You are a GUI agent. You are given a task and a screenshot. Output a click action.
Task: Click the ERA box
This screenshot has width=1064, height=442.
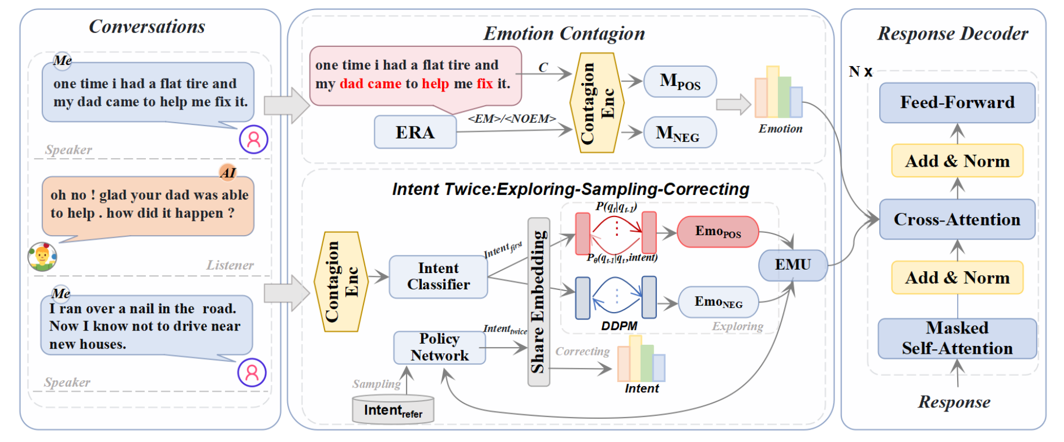point(415,132)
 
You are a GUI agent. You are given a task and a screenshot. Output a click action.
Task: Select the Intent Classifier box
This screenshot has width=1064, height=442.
point(438,276)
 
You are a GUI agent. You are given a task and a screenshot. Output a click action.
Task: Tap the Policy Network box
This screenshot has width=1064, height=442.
point(439,347)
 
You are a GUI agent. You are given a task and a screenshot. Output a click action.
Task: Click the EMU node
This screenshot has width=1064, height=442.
point(793,265)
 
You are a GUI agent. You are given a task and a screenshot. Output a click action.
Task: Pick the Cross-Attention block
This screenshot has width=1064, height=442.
point(957,219)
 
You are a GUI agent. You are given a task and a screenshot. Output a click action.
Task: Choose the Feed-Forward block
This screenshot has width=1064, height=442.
point(957,102)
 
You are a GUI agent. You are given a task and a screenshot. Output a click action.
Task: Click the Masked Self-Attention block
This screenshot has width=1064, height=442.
point(957,339)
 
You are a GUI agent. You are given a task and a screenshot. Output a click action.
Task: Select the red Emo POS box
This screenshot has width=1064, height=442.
point(718,232)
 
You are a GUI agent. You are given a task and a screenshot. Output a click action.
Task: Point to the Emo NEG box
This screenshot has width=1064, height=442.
point(719,302)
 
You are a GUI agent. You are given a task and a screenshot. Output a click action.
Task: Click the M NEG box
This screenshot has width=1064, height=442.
point(680,133)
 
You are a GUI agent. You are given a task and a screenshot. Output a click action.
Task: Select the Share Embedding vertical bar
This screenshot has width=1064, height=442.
point(538,302)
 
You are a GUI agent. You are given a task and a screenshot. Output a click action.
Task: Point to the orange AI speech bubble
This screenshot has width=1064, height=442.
point(148,207)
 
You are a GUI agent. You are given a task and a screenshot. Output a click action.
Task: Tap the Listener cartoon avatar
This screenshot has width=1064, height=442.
point(42,257)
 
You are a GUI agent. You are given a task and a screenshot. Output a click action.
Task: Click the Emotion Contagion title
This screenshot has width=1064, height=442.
point(564,33)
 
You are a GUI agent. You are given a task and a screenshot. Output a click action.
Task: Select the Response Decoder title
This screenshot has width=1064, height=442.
point(953,33)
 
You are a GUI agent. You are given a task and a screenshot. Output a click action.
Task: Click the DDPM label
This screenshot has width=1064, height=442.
point(619,326)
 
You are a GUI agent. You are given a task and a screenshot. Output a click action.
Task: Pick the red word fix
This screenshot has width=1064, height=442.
point(485,84)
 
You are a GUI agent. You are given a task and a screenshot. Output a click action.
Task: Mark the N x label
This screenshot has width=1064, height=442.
point(860,72)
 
